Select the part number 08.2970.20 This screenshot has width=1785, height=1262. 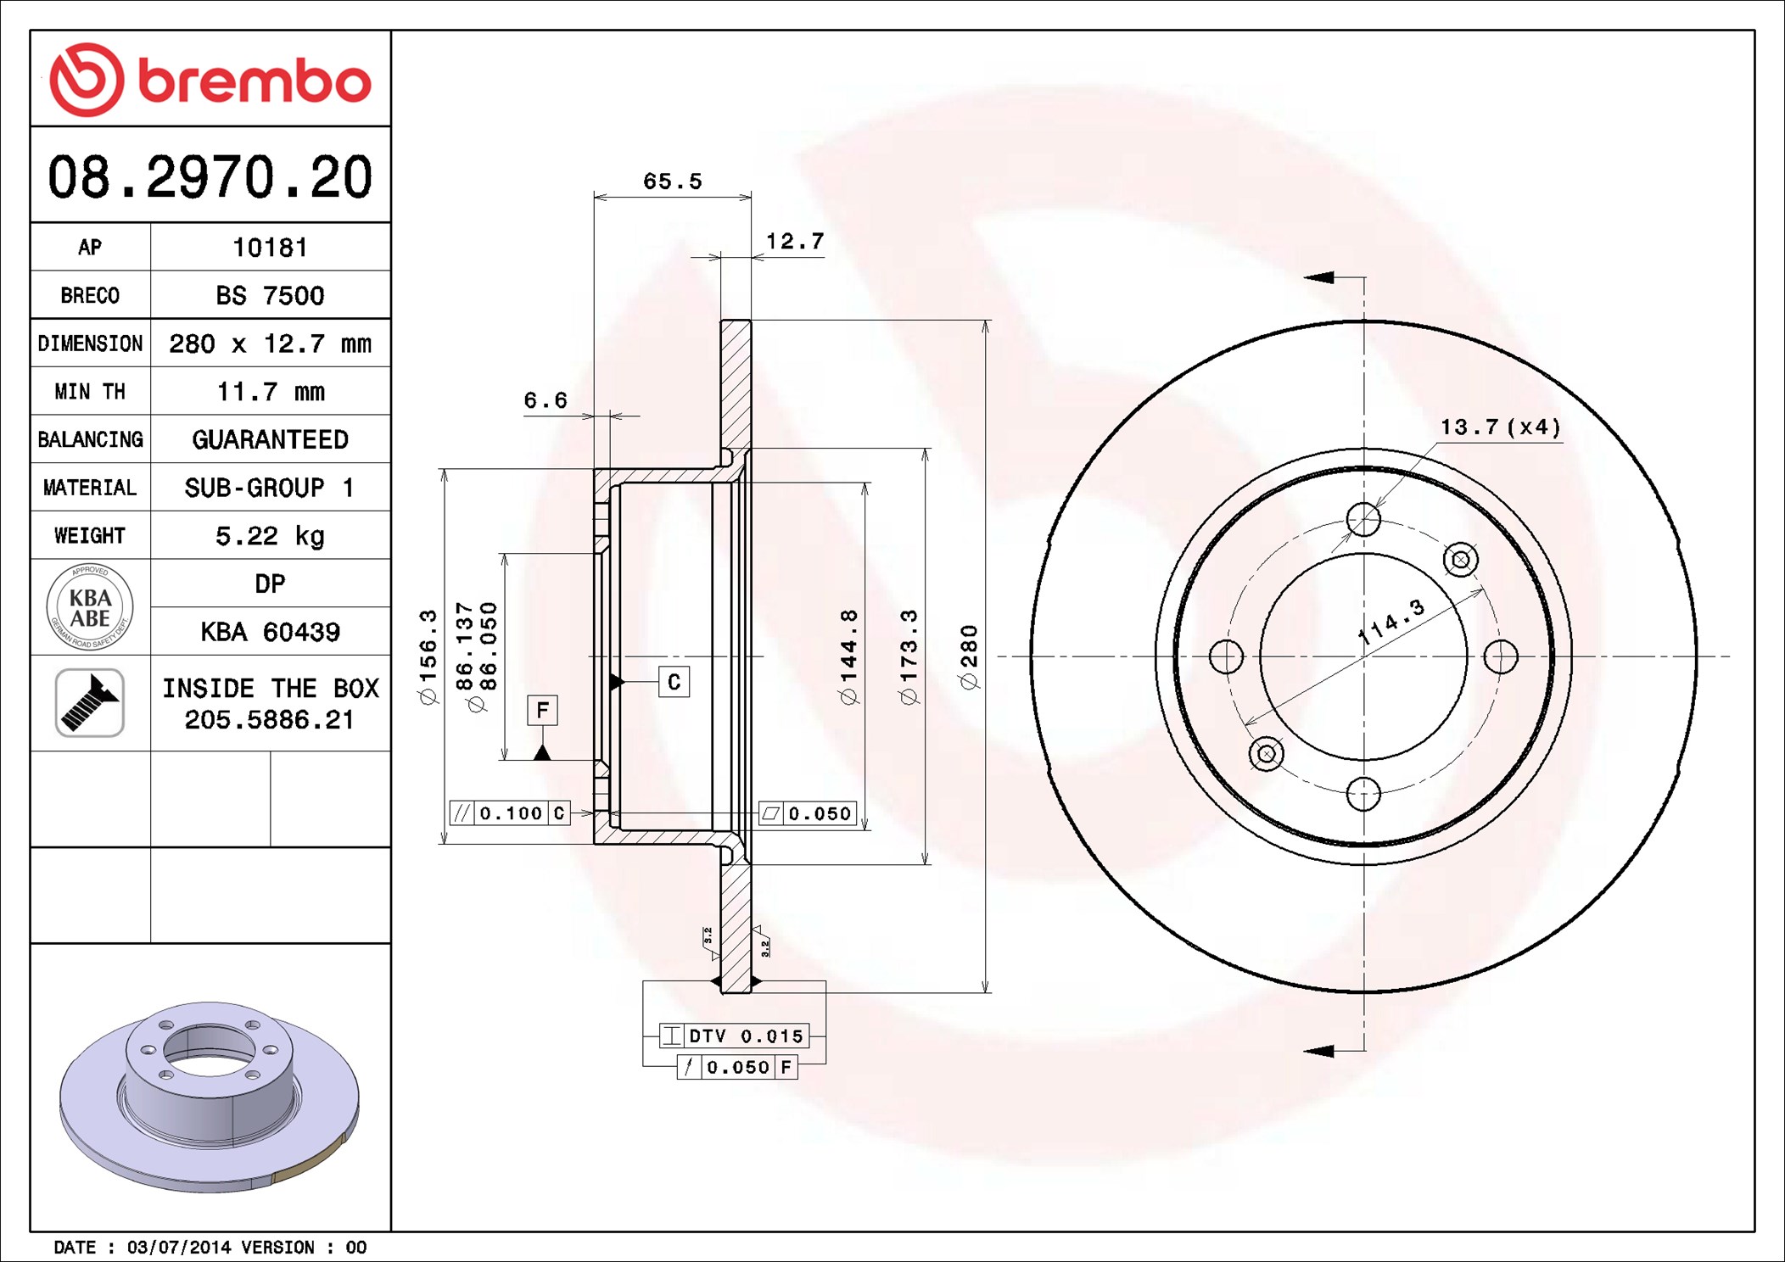point(210,177)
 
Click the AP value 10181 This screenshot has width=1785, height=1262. point(270,248)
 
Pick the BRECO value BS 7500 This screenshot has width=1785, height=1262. point(270,295)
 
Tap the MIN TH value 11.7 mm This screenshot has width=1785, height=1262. point(270,392)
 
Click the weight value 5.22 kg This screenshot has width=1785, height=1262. point(270,536)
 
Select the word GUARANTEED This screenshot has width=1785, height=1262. point(270,439)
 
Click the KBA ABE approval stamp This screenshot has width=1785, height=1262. point(90,607)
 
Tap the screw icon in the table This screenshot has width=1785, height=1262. point(90,703)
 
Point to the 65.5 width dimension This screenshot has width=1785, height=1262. point(672,181)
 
